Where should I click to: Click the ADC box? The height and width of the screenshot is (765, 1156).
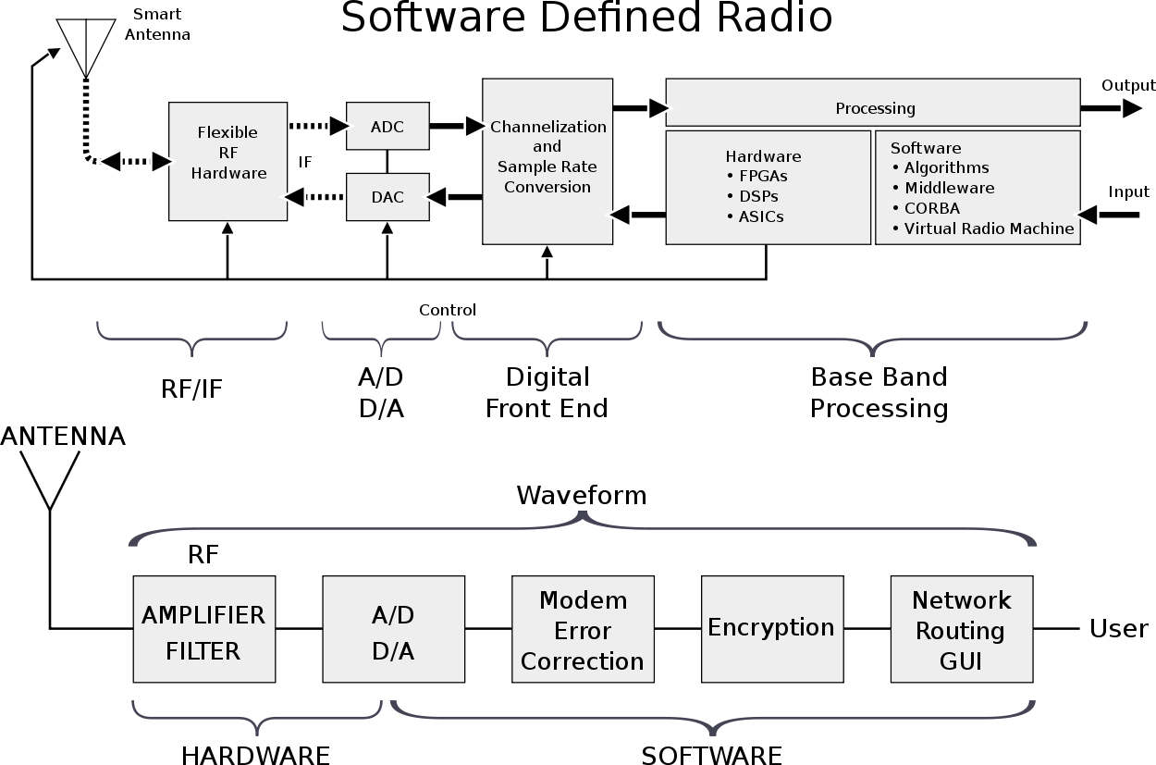[x=387, y=126]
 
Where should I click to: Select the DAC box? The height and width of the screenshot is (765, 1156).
[x=387, y=196]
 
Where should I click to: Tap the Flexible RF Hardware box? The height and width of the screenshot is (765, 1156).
[x=228, y=161]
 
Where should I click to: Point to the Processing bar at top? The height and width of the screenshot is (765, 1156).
[x=873, y=108]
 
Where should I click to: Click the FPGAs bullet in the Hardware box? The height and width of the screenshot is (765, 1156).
[x=763, y=177]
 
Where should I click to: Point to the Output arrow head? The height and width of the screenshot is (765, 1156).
[x=1132, y=108]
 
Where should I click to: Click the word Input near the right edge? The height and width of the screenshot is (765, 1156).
[x=1128, y=192]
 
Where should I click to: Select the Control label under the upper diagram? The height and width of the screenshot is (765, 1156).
[x=448, y=310]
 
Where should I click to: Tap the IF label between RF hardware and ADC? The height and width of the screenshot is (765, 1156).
[x=305, y=163]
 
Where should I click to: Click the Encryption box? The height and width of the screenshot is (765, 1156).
[x=771, y=628]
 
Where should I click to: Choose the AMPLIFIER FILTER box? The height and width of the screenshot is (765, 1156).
[x=203, y=629]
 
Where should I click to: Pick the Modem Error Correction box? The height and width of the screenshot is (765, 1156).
[x=583, y=629]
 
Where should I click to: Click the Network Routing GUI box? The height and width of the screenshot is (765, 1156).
[x=961, y=629]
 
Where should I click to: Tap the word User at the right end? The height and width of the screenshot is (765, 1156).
[x=1118, y=629]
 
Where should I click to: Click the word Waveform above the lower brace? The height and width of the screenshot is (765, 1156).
[x=581, y=496]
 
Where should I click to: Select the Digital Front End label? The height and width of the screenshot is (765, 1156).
[x=547, y=392]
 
